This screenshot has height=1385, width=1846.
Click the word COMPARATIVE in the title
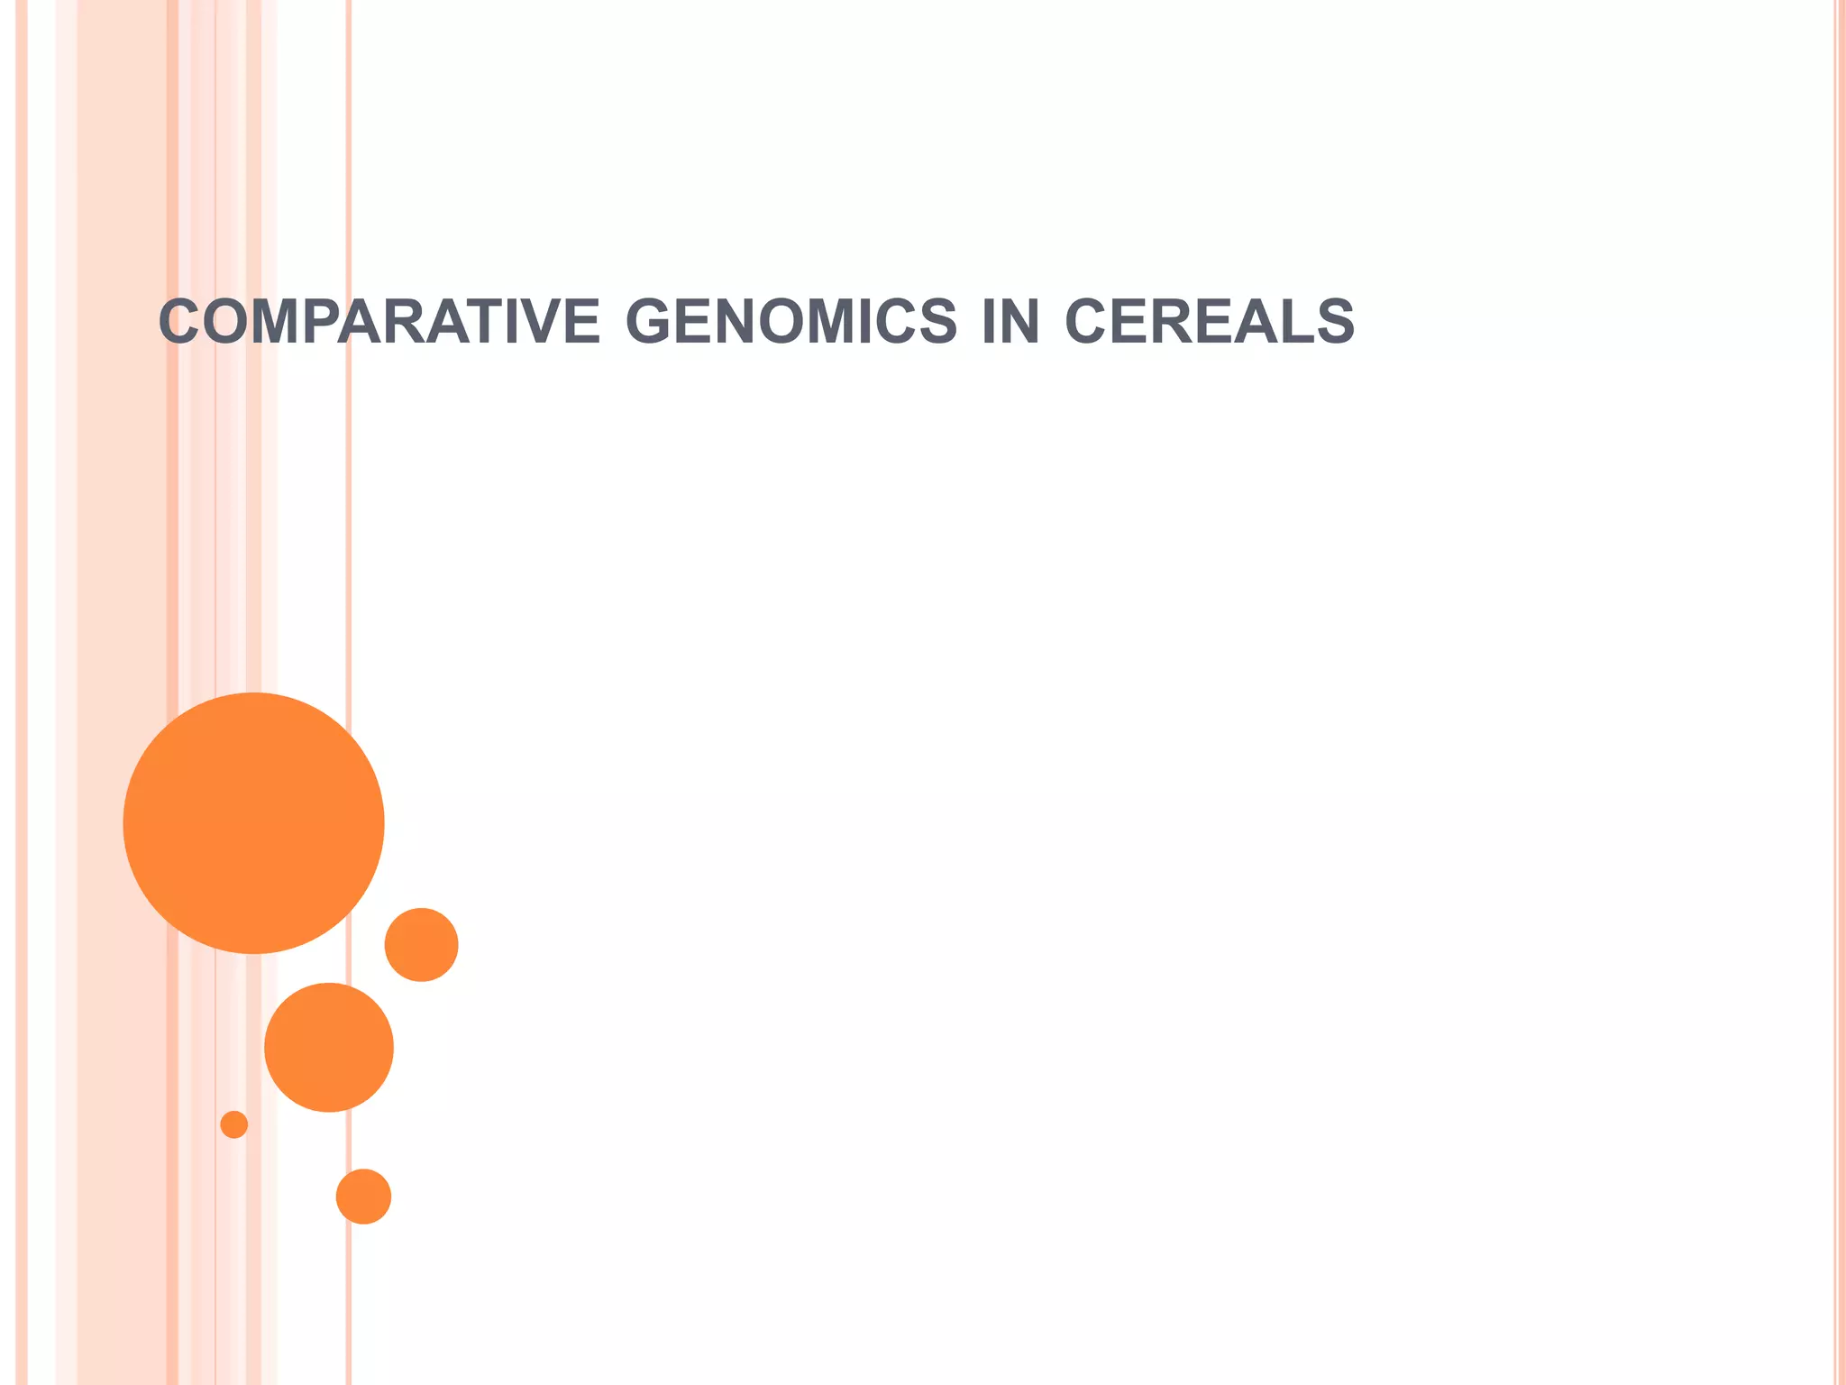click(379, 322)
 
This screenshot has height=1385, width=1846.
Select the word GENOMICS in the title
click(790, 322)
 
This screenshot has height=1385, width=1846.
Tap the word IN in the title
click(1010, 322)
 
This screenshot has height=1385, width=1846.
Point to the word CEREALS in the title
click(1209, 322)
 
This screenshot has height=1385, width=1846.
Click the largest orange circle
click(253, 822)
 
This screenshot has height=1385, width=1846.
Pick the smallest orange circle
click(234, 1124)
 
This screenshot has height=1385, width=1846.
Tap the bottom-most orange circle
click(363, 1197)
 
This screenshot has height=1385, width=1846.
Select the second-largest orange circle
click(329, 1047)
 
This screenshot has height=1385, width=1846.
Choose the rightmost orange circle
click(421, 944)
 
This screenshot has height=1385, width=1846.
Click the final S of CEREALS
click(1334, 322)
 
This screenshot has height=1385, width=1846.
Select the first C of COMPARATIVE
click(178, 322)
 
